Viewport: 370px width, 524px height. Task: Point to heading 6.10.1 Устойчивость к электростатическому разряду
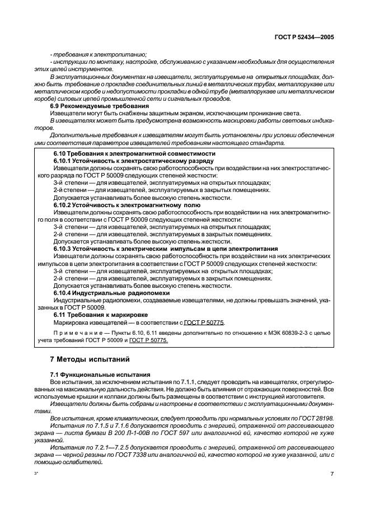133,161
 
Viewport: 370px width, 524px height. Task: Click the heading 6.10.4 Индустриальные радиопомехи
111,293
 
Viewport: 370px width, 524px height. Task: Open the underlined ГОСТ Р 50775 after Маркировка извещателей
204,323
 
